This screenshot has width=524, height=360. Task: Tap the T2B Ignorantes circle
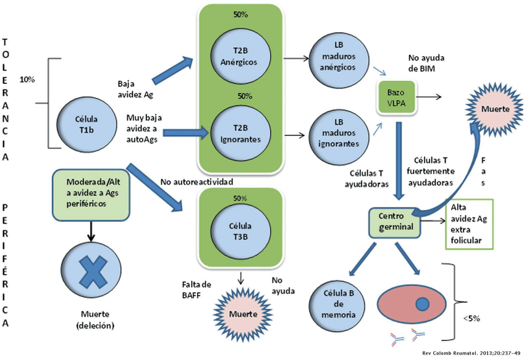(x=239, y=133)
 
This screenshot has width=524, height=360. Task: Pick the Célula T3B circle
(x=240, y=224)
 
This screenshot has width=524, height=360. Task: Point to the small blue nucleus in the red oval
(x=422, y=304)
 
